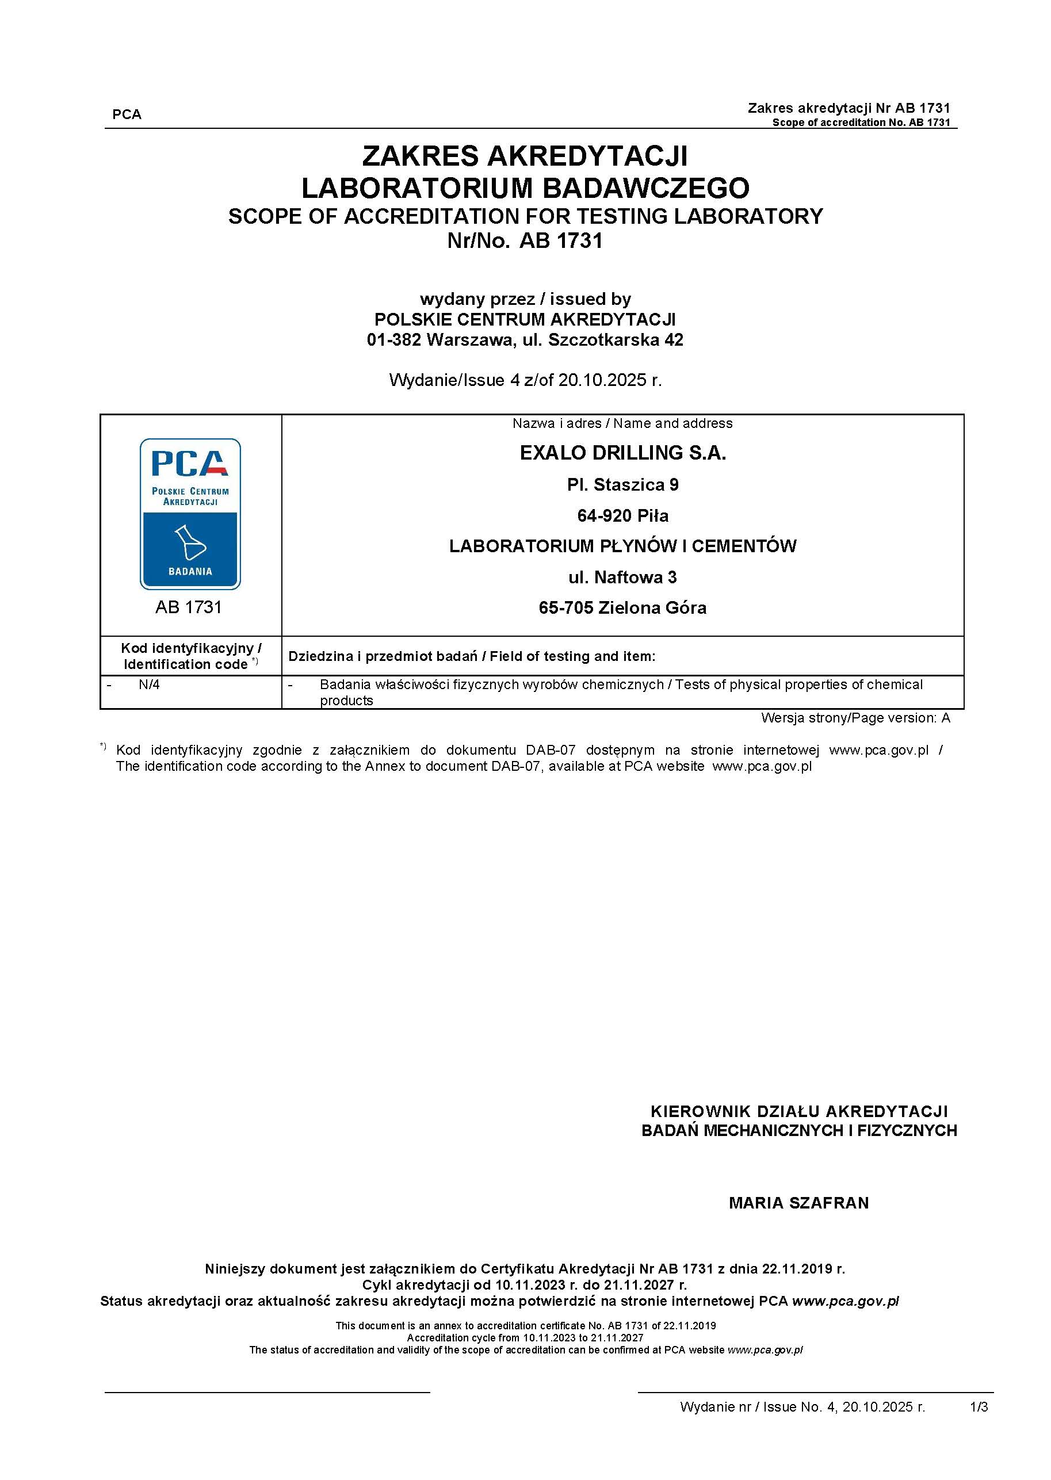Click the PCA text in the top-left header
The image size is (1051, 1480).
(126, 114)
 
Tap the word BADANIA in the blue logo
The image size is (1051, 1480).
(190, 571)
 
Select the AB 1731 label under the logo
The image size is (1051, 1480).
(188, 607)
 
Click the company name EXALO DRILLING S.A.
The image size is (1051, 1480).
(622, 453)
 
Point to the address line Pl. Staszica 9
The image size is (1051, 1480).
(622, 485)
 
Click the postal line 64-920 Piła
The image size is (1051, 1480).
(622, 516)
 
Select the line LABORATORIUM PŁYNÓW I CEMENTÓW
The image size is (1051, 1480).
(622, 546)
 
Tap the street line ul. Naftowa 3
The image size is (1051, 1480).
(622, 578)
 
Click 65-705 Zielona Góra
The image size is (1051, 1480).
(622, 607)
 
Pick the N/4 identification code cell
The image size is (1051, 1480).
(149, 684)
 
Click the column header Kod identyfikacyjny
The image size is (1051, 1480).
(191, 648)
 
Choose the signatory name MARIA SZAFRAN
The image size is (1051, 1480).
(798, 1203)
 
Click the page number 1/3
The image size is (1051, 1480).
(979, 1407)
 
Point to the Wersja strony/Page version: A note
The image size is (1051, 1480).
(855, 718)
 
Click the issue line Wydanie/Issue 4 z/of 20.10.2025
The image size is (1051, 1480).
(525, 380)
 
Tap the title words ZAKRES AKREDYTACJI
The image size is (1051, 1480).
(525, 156)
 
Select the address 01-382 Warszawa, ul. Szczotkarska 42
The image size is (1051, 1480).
(525, 340)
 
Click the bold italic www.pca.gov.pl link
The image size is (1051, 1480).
(845, 1301)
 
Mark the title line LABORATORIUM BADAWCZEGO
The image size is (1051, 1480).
(525, 188)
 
